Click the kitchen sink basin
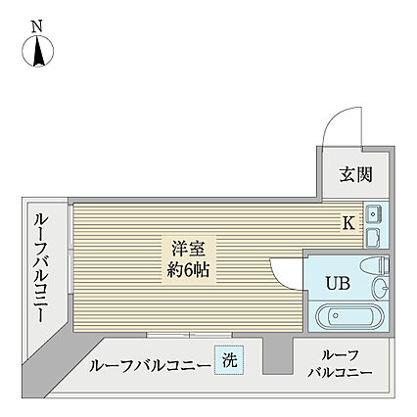coord(373,212)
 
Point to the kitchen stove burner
coord(373,235)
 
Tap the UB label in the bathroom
coord(336,284)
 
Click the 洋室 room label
coord(177,245)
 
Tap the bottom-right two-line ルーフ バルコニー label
coord(339,365)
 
